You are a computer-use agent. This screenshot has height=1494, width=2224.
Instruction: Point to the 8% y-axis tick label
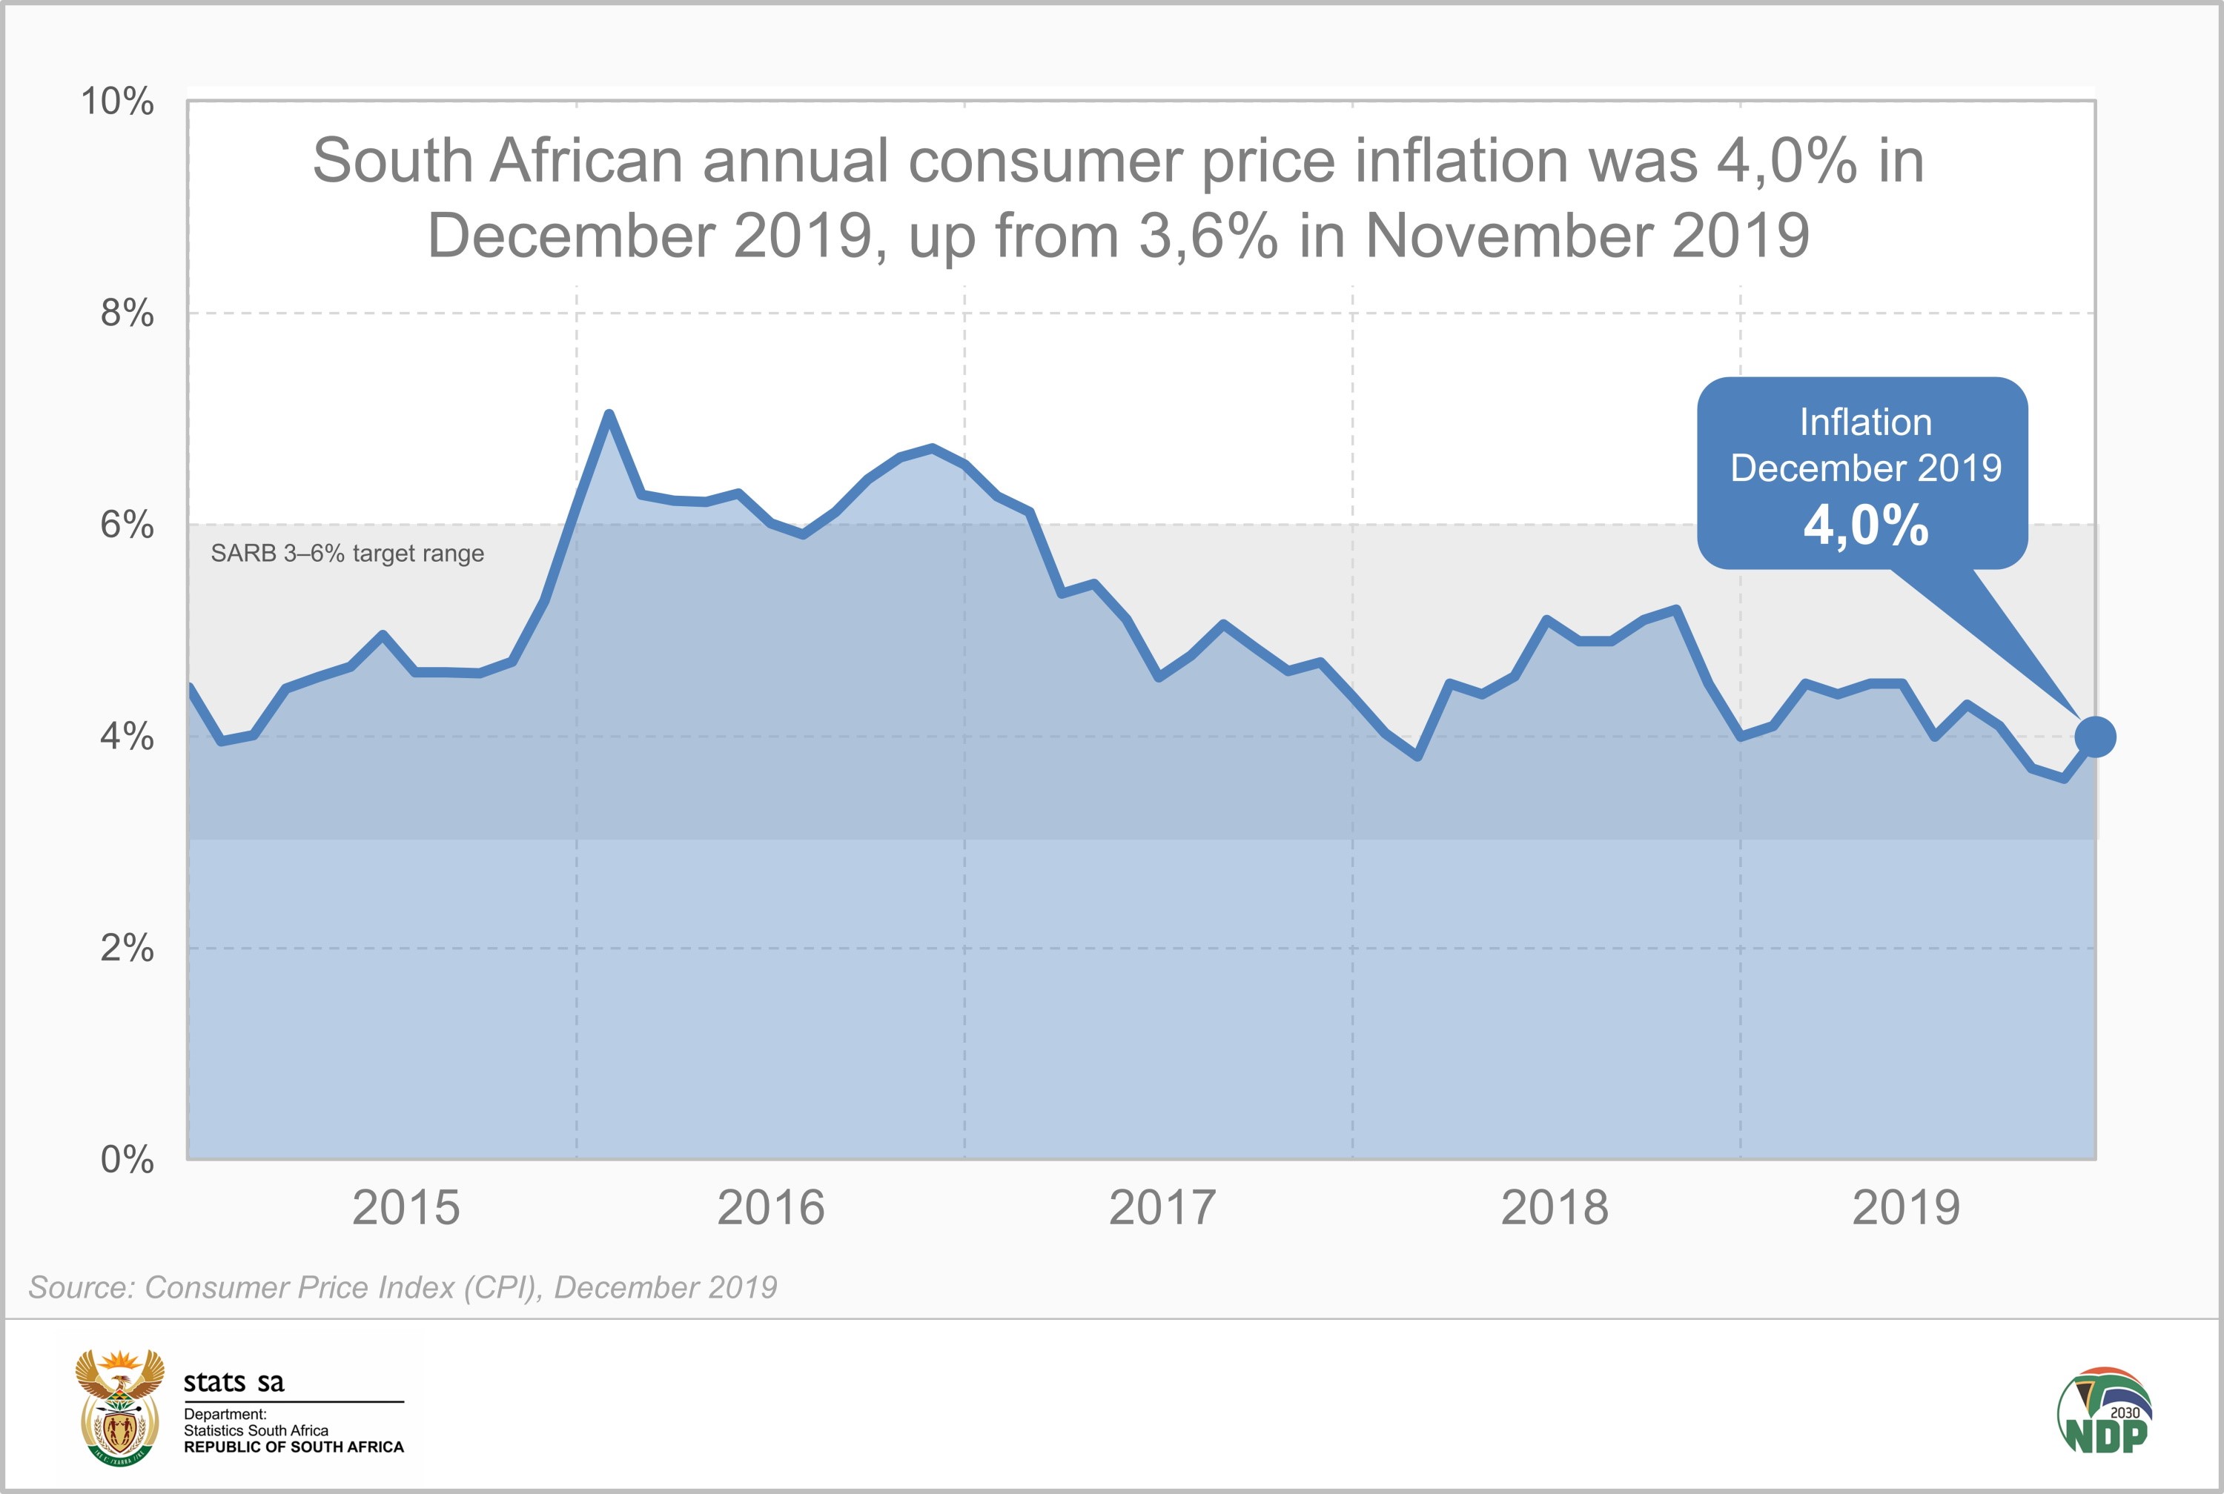[127, 313]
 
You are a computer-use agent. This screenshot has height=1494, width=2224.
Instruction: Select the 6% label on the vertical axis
[127, 524]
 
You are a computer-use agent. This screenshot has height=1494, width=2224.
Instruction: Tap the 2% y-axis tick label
[127, 947]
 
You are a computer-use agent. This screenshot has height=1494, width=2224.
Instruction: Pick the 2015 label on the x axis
[406, 1208]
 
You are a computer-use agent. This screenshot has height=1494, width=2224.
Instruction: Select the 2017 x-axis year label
[1162, 1208]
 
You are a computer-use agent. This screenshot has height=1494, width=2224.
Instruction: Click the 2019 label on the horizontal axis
[1906, 1208]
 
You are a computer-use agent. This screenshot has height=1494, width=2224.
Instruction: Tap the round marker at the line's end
[2095, 737]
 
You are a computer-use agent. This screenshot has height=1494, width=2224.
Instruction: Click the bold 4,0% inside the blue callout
[1866, 525]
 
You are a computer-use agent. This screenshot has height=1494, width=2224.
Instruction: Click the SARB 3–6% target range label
[347, 554]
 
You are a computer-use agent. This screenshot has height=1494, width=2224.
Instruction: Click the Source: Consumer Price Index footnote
[402, 1287]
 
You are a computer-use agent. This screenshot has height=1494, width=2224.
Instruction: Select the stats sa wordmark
[234, 1381]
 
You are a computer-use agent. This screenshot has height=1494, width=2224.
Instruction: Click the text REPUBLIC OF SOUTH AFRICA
[294, 1447]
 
